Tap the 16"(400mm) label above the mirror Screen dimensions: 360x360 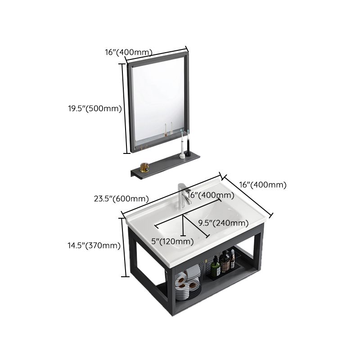tap(129, 52)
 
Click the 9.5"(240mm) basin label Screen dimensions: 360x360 tap(223, 223)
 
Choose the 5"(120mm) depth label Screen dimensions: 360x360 tap(172, 242)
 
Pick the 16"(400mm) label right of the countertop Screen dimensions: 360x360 tap(263, 184)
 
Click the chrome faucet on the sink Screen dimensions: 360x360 tap(182, 196)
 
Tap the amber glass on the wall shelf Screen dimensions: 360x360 tap(144, 167)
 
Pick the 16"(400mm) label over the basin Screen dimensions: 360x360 tap(211, 195)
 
